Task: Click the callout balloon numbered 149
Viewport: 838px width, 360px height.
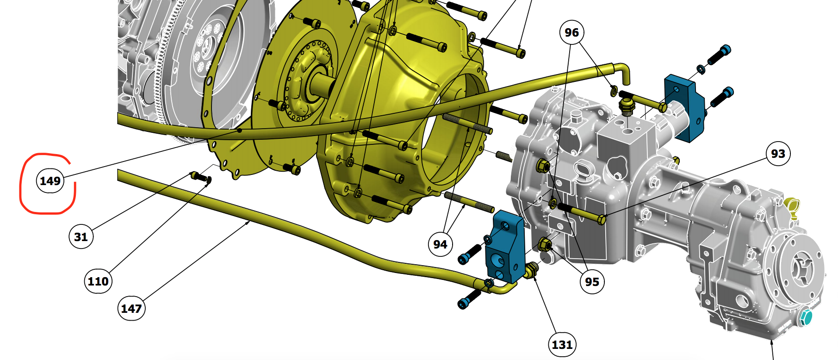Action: tap(50, 180)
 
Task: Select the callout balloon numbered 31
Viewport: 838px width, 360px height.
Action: tap(81, 236)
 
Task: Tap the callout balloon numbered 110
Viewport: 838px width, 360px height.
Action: tap(98, 281)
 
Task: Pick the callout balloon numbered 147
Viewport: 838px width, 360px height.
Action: tap(131, 308)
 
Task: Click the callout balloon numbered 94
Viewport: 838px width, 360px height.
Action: tap(440, 244)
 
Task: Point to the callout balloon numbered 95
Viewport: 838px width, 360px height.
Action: tap(592, 281)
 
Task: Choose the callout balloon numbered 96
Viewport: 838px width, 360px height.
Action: tap(571, 32)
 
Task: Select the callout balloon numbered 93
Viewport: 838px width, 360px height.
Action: tap(778, 154)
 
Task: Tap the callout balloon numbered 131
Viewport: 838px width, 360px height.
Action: tap(562, 344)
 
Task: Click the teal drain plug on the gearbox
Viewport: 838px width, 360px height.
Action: tap(806, 317)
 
